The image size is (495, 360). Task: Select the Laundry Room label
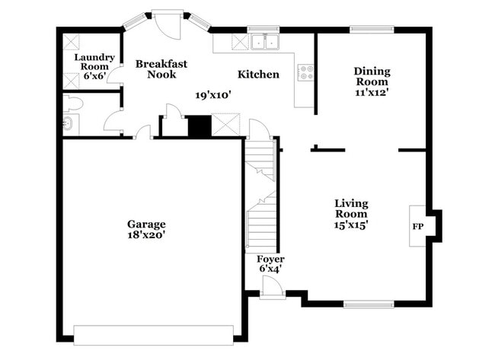94,62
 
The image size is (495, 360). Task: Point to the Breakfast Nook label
161,69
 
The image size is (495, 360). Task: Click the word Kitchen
258,75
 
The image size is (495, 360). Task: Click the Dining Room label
372,77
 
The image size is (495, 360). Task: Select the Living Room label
351,209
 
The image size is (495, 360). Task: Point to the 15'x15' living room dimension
351,225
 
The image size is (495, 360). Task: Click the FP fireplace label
418,227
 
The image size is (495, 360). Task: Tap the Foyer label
270,259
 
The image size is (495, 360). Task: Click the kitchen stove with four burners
306,73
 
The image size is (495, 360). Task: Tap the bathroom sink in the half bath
68,124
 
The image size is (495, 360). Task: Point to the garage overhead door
153,335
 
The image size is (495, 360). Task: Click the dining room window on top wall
372,30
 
